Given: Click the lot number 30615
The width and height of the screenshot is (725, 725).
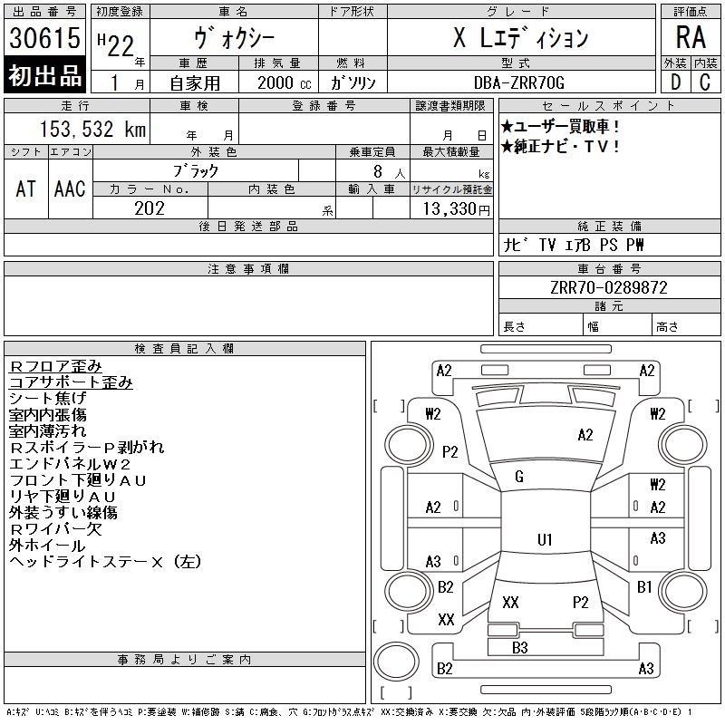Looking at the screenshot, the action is pos(44,38).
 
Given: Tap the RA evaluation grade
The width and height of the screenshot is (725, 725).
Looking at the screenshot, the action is pos(691,37).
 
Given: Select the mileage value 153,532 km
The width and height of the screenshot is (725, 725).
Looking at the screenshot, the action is pos(93,129).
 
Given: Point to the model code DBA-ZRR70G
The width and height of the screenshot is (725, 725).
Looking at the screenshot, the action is pos(519,82).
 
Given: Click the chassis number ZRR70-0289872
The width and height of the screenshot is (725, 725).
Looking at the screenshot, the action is pos(609,287).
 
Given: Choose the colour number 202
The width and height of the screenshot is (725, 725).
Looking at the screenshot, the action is pos(150,208).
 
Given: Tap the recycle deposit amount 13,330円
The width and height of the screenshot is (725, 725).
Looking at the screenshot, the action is pos(456,209).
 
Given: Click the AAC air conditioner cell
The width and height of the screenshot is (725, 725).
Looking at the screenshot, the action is pos(71,188).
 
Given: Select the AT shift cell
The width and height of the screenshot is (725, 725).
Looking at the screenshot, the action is pos(26,188).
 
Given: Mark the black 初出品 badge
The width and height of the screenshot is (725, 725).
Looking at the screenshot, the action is pos(44,75).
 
